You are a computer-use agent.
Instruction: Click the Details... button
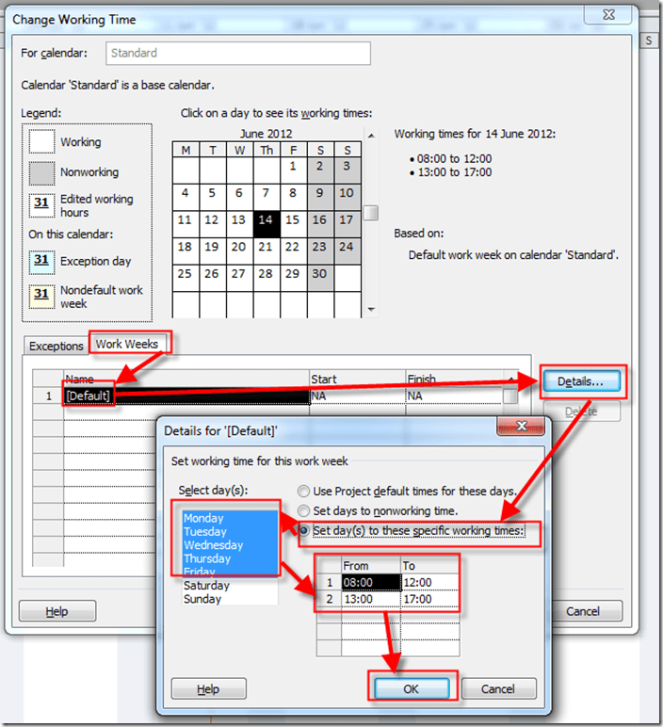(581, 381)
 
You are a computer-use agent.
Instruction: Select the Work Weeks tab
(126, 344)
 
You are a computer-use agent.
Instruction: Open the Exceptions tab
(57, 346)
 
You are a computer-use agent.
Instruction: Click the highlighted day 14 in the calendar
(267, 224)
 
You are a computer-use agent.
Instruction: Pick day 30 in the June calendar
(319, 278)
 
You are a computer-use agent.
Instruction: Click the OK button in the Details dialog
(412, 689)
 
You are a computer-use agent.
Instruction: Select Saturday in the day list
(206, 586)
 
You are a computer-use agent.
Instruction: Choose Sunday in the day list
(202, 599)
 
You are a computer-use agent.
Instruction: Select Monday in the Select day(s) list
(203, 518)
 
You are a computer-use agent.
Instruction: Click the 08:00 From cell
(371, 582)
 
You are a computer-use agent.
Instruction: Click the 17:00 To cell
(429, 599)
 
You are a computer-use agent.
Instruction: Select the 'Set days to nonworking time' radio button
(303, 511)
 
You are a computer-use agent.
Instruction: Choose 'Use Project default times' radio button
(303, 491)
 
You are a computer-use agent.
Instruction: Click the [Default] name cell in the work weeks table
(89, 396)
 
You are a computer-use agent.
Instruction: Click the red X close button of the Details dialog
(521, 426)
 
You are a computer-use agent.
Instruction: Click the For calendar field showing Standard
(238, 54)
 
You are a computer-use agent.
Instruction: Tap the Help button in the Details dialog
(208, 689)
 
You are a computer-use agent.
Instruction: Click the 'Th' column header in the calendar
(267, 150)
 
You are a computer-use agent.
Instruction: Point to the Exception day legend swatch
(41, 261)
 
